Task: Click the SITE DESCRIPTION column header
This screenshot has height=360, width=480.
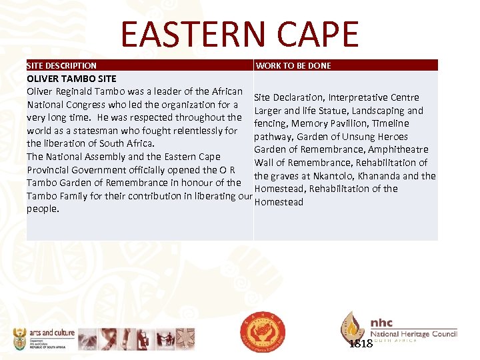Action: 61,66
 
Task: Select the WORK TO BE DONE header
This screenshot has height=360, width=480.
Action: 293,66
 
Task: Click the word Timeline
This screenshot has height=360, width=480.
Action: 391,123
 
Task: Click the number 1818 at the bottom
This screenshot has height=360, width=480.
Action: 361,344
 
